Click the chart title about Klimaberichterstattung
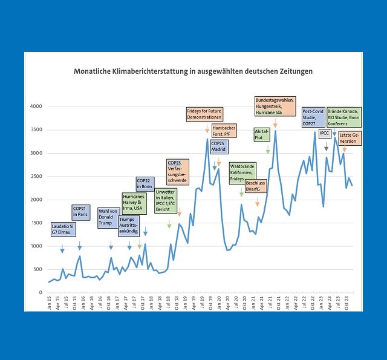coord(193,71)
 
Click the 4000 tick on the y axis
coord(36,106)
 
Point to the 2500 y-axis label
coord(36,176)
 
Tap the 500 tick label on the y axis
coord(38,269)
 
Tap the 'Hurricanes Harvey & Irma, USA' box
coord(132,202)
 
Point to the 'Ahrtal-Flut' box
coord(262,134)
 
